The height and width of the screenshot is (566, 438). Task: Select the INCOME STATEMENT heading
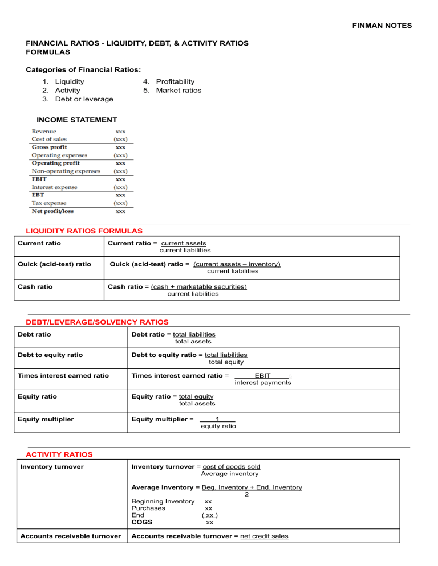point(77,120)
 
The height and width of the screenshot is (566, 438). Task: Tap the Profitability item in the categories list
point(176,81)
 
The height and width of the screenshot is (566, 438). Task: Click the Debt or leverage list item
point(84,99)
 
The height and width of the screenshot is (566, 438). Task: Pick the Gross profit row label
point(49,147)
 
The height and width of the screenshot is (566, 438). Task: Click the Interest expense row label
point(54,187)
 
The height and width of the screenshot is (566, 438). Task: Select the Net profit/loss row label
point(52,211)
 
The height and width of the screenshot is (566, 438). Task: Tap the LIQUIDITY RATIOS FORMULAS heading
point(84,231)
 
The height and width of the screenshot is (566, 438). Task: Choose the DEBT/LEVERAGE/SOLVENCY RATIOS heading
point(98,322)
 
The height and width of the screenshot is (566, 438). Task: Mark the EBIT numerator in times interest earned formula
point(262,376)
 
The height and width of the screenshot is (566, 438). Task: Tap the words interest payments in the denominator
point(263,383)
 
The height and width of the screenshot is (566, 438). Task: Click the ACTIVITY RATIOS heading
point(59,454)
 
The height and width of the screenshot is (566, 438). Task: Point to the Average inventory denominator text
point(229,474)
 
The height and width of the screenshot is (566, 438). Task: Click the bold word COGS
point(142,522)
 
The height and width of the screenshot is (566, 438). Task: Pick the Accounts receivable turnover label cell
point(70,536)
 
